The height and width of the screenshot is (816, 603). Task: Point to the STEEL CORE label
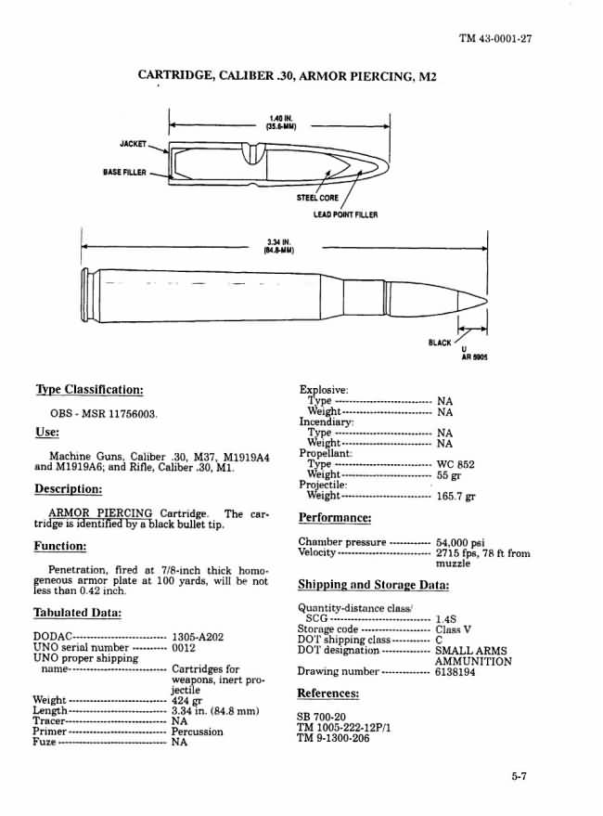coord(317,198)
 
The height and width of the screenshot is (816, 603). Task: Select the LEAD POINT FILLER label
coord(345,214)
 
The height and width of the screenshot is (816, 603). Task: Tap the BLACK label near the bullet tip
coord(439,343)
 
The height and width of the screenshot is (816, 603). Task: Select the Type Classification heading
coord(89,389)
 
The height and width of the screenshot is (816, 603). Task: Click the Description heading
coord(68,489)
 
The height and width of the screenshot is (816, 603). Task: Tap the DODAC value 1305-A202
coord(198,637)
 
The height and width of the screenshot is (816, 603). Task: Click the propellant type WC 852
coord(455,463)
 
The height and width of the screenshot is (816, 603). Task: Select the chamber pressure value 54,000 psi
coord(460,542)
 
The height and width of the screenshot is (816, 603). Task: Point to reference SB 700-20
coord(320,717)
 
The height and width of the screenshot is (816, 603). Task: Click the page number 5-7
coord(518,778)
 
